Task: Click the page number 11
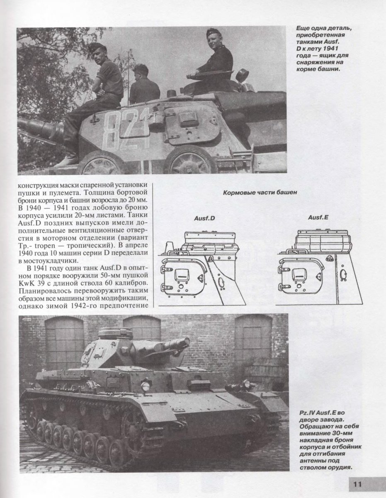tap(358, 484)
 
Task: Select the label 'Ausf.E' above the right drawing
tap(318, 217)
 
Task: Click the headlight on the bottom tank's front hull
tap(145, 387)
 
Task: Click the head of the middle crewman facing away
tap(141, 71)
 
